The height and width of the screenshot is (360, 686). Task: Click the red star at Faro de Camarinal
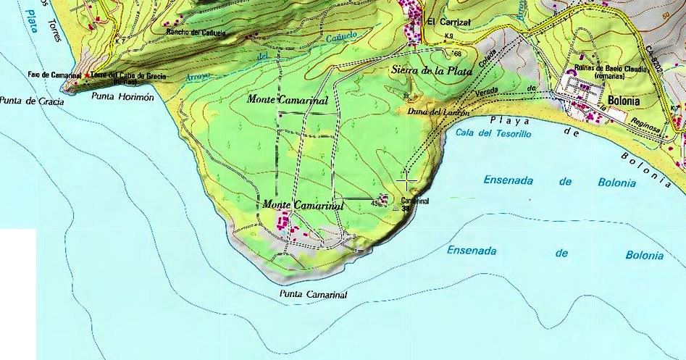(88, 75)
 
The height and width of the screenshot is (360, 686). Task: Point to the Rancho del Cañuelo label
(196, 33)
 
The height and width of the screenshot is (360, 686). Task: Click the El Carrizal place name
(449, 22)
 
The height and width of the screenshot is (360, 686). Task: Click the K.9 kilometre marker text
(449, 36)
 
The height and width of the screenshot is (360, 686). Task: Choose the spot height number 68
(457, 54)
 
